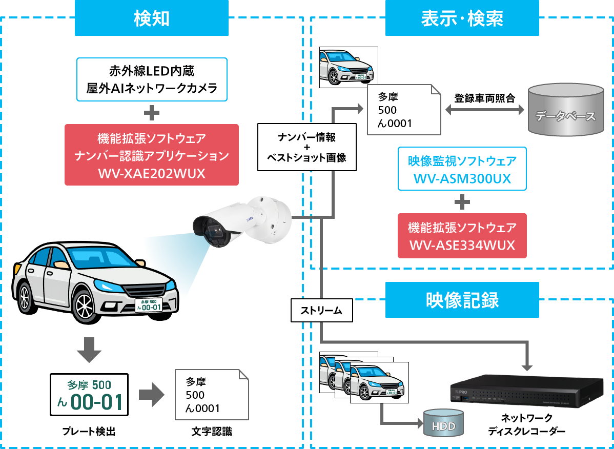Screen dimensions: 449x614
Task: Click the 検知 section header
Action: coord(152,18)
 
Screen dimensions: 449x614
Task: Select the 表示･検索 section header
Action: coord(462,18)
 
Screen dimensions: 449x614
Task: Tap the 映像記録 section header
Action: coord(462,300)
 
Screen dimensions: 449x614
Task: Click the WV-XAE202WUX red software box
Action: coord(152,155)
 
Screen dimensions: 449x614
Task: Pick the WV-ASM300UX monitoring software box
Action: coord(462,169)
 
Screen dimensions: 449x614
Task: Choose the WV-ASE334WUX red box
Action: coord(462,236)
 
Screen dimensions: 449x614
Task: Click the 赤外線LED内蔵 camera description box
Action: coord(152,79)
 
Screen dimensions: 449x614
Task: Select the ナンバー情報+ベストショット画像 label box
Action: coord(306,147)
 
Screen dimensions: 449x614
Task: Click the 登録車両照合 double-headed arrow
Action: coord(484,110)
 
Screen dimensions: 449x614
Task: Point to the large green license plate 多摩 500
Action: coord(89,394)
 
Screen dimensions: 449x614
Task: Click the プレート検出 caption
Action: coord(89,432)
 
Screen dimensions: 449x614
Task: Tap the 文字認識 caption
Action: coord(211,432)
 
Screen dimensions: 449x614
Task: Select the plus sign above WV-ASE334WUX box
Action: coord(462,202)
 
